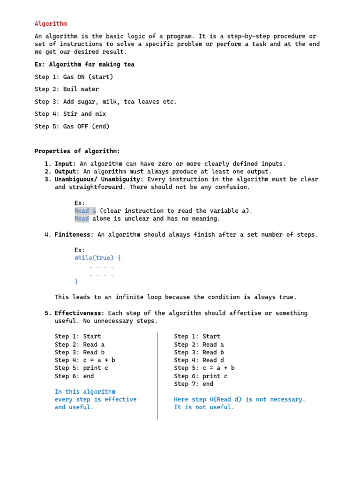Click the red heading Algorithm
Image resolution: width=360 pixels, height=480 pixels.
pos(51,23)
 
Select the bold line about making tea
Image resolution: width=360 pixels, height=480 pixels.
pos(84,64)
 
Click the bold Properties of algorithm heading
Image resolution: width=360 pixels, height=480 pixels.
pos(77,151)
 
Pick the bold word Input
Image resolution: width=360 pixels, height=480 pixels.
pos(65,164)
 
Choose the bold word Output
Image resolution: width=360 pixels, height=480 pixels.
pos(67,172)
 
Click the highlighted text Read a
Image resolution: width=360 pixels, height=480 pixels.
pos(85,211)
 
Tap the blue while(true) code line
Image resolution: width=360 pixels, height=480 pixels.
pos(97,258)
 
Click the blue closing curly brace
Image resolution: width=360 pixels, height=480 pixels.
pos(76,281)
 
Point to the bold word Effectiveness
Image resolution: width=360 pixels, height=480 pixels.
pos(79,313)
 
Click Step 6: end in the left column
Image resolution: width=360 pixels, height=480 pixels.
pos(74,376)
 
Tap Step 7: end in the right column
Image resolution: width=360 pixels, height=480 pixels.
pos(194,384)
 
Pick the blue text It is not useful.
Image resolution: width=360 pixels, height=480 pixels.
pos(204,407)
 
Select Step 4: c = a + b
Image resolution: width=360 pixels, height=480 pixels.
pos(85,360)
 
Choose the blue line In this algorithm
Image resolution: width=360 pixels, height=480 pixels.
pos(85,391)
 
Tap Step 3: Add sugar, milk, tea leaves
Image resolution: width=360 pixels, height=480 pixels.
pos(105,102)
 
